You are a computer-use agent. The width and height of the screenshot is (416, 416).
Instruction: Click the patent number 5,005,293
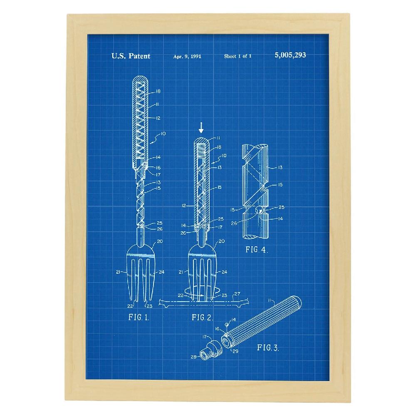pyautogui.click(x=290, y=55)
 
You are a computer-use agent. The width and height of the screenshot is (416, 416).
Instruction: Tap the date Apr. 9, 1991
pyautogui.click(x=187, y=56)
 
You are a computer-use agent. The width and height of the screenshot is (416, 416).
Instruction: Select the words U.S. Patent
pyautogui.click(x=131, y=56)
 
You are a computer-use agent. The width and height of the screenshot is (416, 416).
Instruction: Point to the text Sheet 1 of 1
pyautogui.click(x=238, y=56)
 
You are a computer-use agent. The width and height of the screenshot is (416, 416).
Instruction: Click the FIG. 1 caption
pyautogui.click(x=139, y=317)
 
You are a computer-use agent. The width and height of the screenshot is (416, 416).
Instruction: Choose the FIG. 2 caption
pyautogui.click(x=203, y=317)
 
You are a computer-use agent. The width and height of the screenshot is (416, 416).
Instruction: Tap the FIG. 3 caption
pyautogui.click(x=268, y=347)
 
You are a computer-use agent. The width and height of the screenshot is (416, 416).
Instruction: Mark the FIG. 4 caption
pyautogui.click(x=257, y=250)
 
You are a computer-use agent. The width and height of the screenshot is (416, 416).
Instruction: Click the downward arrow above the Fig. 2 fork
pyautogui.click(x=201, y=128)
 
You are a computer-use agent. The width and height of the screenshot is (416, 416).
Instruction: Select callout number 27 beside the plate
pyautogui.click(x=237, y=294)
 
